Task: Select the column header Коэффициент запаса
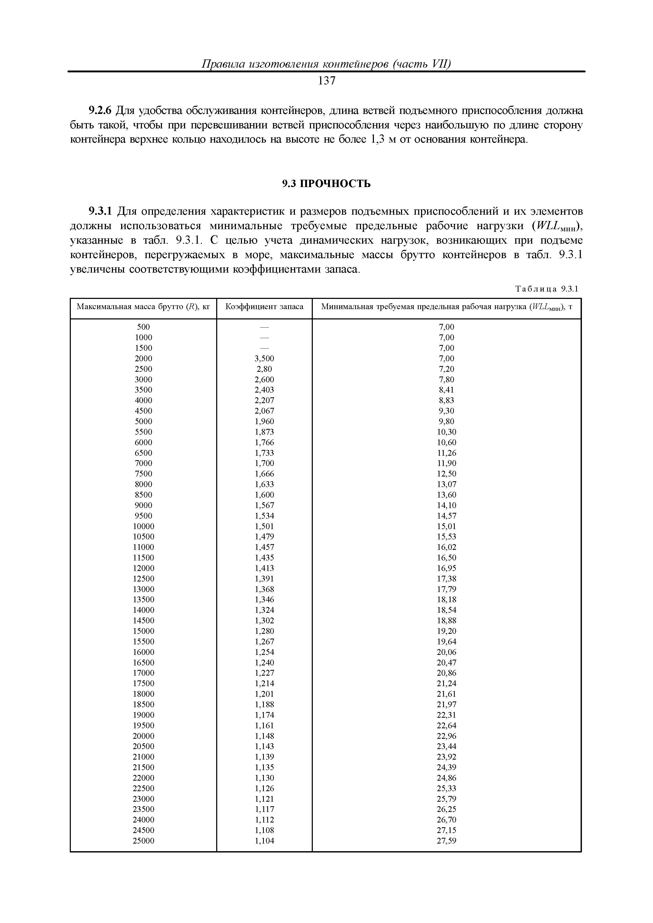[264, 307]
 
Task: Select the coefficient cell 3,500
[264, 358]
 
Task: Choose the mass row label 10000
[144, 526]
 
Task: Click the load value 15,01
[447, 526]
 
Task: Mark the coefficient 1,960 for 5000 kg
[264, 421]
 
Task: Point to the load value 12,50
[447, 474]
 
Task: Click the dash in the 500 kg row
[264, 327]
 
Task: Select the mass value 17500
[144, 683]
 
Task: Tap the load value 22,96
[447, 736]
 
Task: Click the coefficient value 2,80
[264, 369]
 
